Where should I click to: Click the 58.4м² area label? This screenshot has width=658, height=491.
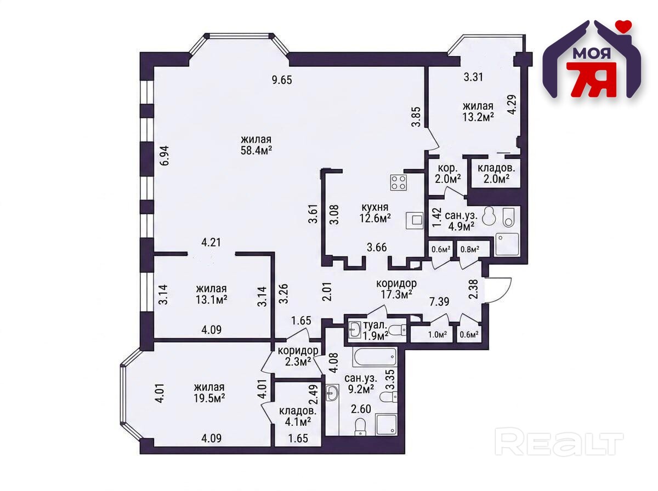coord(256,150)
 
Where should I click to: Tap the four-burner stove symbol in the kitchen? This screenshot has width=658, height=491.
coord(399,182)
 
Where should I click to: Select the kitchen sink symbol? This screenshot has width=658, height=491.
coord(415,220)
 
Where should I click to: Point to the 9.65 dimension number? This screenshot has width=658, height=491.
coord(281,80)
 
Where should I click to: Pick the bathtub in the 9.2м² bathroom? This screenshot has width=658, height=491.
coord(375,357)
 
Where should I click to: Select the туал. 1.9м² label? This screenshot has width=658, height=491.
coord(375,330)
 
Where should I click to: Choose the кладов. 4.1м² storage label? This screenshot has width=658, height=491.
coord(297,416)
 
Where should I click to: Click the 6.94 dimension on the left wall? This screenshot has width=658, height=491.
coord(164,155)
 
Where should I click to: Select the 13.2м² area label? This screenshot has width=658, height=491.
coord(478,117)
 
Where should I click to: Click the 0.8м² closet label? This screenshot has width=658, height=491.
coord(469,249)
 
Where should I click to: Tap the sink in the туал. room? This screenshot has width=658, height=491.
coord(355,330)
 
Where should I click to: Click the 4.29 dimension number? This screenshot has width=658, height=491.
coord(512,104)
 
